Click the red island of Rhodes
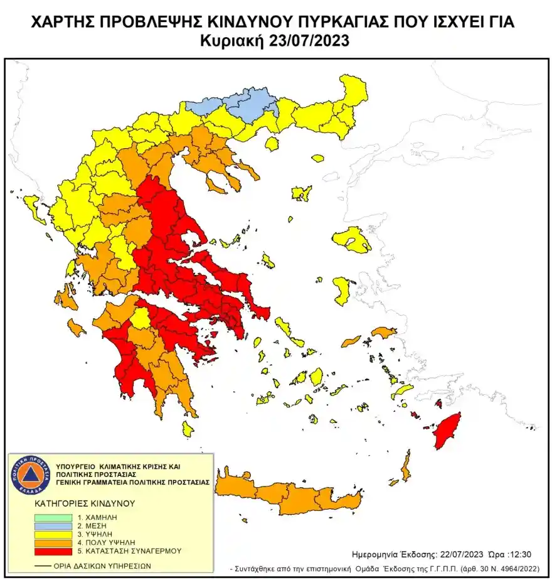click(x=448, y=431)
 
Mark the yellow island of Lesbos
click(x=351, y=240)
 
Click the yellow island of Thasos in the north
click(x=272, y=144)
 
